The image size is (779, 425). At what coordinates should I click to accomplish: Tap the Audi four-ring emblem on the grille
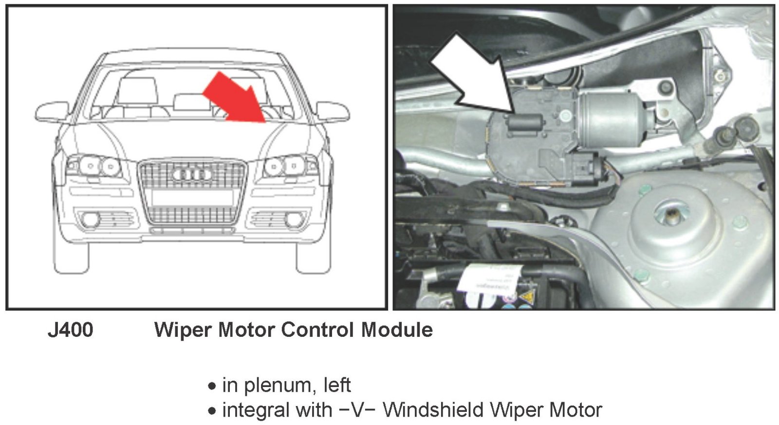point(192,174)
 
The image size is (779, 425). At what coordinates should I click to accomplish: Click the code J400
point(71,330)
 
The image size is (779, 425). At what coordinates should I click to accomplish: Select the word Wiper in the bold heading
point(182,330)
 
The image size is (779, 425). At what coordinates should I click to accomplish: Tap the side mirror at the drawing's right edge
point(333,111)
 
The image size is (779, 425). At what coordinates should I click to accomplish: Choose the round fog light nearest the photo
point(293,220)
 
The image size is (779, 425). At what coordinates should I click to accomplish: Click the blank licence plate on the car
point(192,197)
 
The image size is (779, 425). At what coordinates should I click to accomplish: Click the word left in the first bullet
point(337,386)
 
